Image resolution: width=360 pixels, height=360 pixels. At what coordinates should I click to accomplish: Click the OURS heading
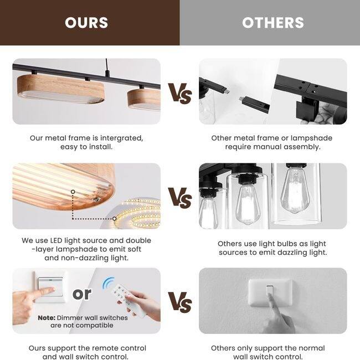point(86,23)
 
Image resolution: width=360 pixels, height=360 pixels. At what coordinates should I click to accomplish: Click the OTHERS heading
point(273,23)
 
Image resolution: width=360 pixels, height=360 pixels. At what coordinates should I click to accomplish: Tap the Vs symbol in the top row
point(180,93)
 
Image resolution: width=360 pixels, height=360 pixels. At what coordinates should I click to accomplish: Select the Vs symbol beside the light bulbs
point(180,198)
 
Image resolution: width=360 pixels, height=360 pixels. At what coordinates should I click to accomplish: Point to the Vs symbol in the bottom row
point(180,302)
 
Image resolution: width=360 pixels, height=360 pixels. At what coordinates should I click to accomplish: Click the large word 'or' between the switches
point(82,294)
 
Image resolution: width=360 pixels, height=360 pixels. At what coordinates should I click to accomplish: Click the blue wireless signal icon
point(109,282)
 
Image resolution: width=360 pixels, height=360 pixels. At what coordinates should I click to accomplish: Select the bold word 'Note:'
point(47,318)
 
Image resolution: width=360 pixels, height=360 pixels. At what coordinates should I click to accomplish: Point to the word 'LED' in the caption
point(56,240)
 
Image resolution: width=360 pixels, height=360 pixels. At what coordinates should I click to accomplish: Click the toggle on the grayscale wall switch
point(270,290)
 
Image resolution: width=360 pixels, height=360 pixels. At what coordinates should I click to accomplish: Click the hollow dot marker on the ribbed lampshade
point(73,192)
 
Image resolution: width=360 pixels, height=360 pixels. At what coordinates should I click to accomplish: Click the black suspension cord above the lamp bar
point(106,65)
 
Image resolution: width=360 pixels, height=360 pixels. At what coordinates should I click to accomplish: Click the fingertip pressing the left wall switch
point(52,290)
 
